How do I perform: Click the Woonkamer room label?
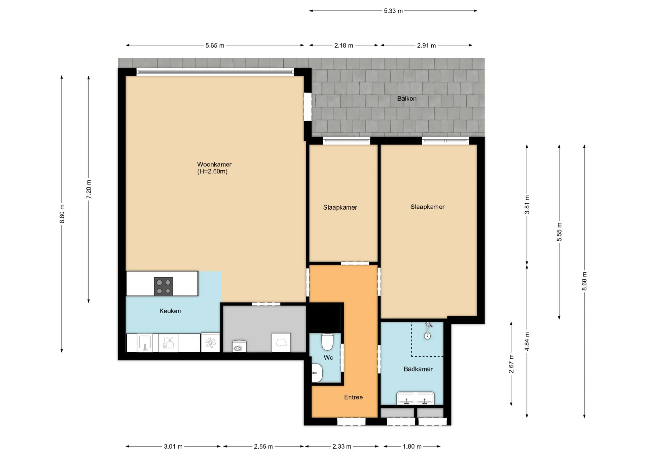coord(214,165)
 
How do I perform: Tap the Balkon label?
coord(407,99)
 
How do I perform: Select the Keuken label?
coord(170,311)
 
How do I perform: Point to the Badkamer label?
coord(418,369)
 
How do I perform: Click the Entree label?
coord(353,397)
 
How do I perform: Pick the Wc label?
coord(328,357)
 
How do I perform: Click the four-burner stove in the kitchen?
coord(164,286)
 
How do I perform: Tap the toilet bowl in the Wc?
coord(327,342)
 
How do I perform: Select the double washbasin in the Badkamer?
coord(416,398)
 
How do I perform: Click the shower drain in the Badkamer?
coord(427,336)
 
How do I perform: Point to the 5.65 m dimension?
coord(215,45)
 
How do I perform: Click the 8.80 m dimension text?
coord(62,214)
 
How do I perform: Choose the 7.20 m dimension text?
coord(89,189)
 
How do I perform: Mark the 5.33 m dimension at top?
coord(393,11)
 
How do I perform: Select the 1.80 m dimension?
coord(412,447)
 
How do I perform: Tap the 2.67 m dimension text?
coord(511,364)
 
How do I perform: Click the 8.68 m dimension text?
coord(584,281)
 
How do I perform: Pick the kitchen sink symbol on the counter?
coord(145,343)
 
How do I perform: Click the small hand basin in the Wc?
coord(317,373)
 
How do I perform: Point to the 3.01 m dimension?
coord(173,447)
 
